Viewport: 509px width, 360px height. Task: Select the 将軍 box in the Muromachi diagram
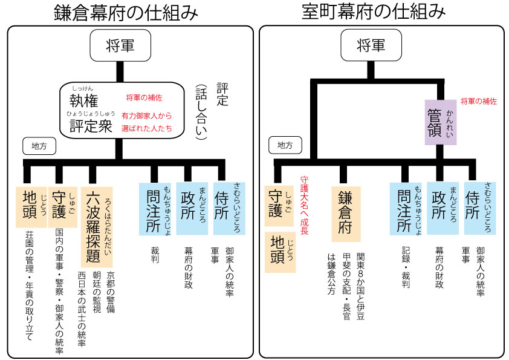(371, 45)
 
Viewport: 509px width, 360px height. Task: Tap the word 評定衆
(91, 125)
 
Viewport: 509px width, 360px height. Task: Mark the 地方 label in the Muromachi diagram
(285, 146)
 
